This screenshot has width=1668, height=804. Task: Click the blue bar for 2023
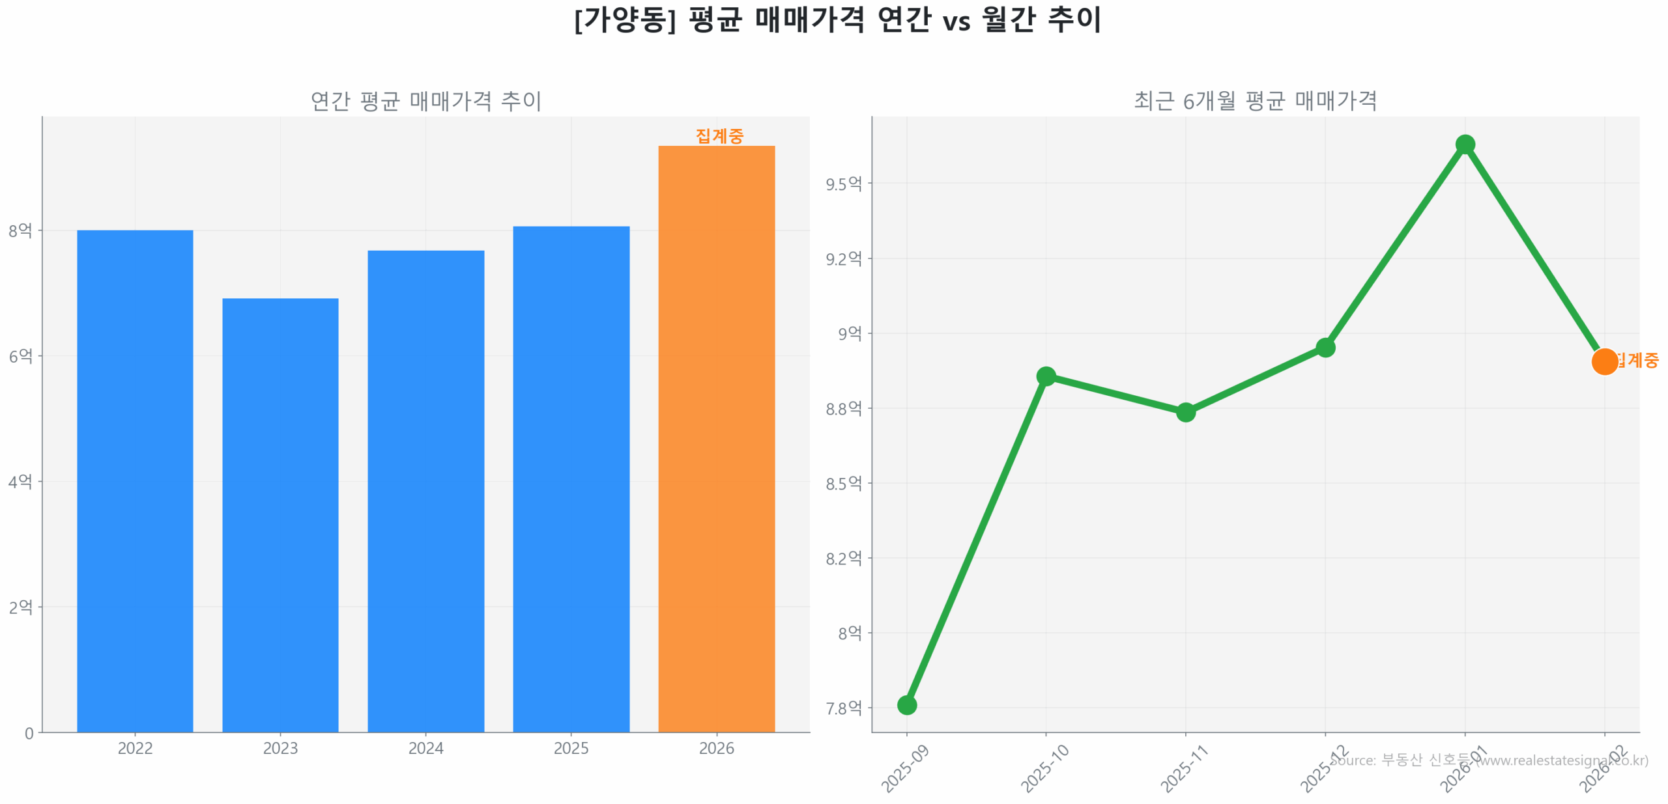[280, 514]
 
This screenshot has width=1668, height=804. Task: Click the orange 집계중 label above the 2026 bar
[719, 136]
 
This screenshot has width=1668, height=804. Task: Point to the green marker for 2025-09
[907, 704]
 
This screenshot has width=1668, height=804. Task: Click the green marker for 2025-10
[1046, 376]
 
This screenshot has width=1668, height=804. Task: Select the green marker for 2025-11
[1186, 412]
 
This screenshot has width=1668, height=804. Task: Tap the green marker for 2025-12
[1325, 348]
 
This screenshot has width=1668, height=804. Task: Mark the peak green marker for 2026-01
[1465, 144]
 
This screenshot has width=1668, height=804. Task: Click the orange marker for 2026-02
[1604, 361]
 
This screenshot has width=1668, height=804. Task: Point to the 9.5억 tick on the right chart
[844, 184]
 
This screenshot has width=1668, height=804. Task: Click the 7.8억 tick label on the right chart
[844, 708]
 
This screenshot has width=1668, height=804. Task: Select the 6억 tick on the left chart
[20, 356]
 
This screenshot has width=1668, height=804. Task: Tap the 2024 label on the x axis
[425, 748]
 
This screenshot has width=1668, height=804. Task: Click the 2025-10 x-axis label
[1044, 769]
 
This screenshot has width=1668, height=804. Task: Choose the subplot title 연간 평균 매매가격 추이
[425, 101]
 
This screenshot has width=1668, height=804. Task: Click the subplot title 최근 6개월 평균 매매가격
[1255, 101]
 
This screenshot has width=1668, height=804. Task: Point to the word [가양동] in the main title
[625, 20]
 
